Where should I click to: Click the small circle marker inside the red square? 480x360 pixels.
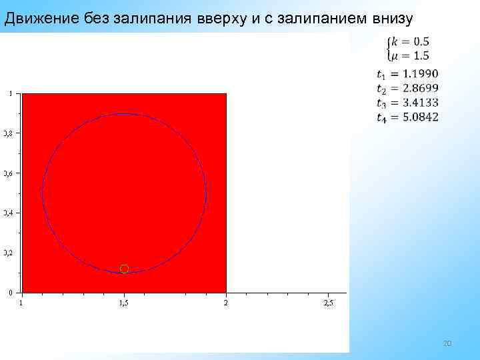[x=124, y=269]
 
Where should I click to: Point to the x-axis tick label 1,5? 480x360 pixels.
[x=124, y=304]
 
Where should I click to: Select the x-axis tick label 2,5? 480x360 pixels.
[x=328, y=304]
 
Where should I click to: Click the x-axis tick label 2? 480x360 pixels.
[x=226, y=304]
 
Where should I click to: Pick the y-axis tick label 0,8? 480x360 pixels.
[x=7, y=133]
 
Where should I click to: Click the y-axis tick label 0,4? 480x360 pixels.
[x=7, y=213]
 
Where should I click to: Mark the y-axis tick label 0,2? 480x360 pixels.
[x=7, y=253]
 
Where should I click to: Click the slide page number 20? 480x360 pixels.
[x=447, y=343]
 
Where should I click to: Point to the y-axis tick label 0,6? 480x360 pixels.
[x=7, y=173]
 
